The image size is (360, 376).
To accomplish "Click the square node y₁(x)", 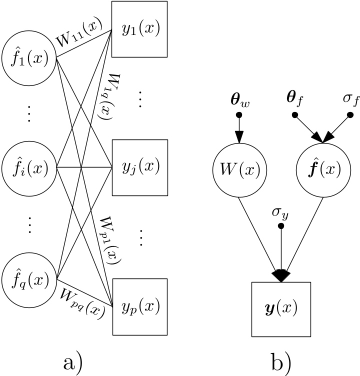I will pyautogui.click(x=138, y=29).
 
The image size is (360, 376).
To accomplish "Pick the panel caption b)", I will pyautogui.click(x=280, y=360).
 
